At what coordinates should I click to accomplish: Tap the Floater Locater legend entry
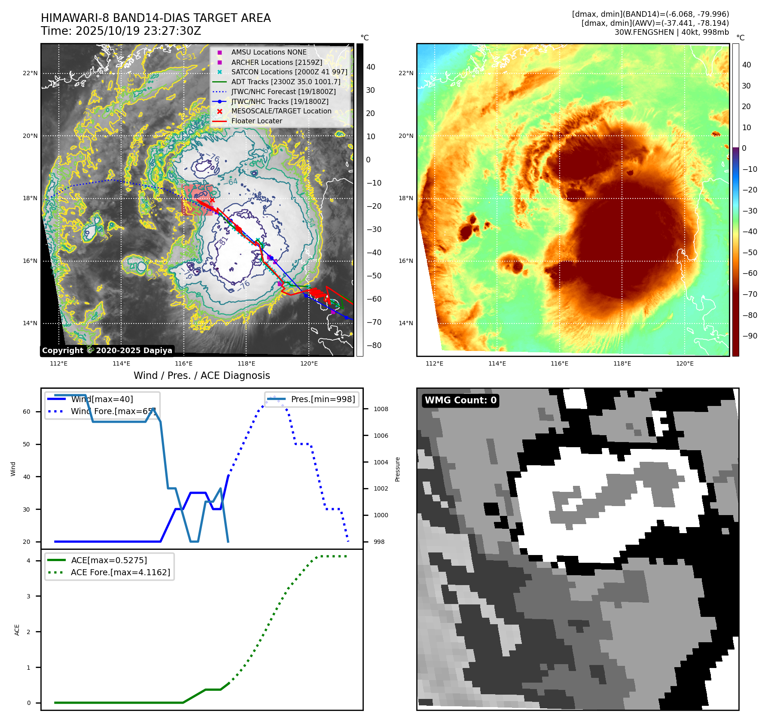(256, 121)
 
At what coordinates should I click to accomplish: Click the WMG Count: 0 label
(460, 400)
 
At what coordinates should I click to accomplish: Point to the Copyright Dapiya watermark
(107, 351)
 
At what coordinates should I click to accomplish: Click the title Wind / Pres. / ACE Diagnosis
(201, 375)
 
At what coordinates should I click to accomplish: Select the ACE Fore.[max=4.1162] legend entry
(120, 572)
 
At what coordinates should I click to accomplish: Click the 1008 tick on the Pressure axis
(381, 409)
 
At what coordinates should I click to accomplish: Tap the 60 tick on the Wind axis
(27, 412)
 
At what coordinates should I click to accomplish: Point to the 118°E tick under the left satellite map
(246, 363)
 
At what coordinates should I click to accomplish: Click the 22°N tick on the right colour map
(406, 73)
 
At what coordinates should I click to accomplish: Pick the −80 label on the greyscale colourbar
(374, 345)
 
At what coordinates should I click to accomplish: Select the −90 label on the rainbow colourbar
(750, 336)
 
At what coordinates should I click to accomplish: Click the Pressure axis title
(398, 469)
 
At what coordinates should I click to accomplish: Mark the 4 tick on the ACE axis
(28, 561)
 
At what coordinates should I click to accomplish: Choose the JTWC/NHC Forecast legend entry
(283, 92)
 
